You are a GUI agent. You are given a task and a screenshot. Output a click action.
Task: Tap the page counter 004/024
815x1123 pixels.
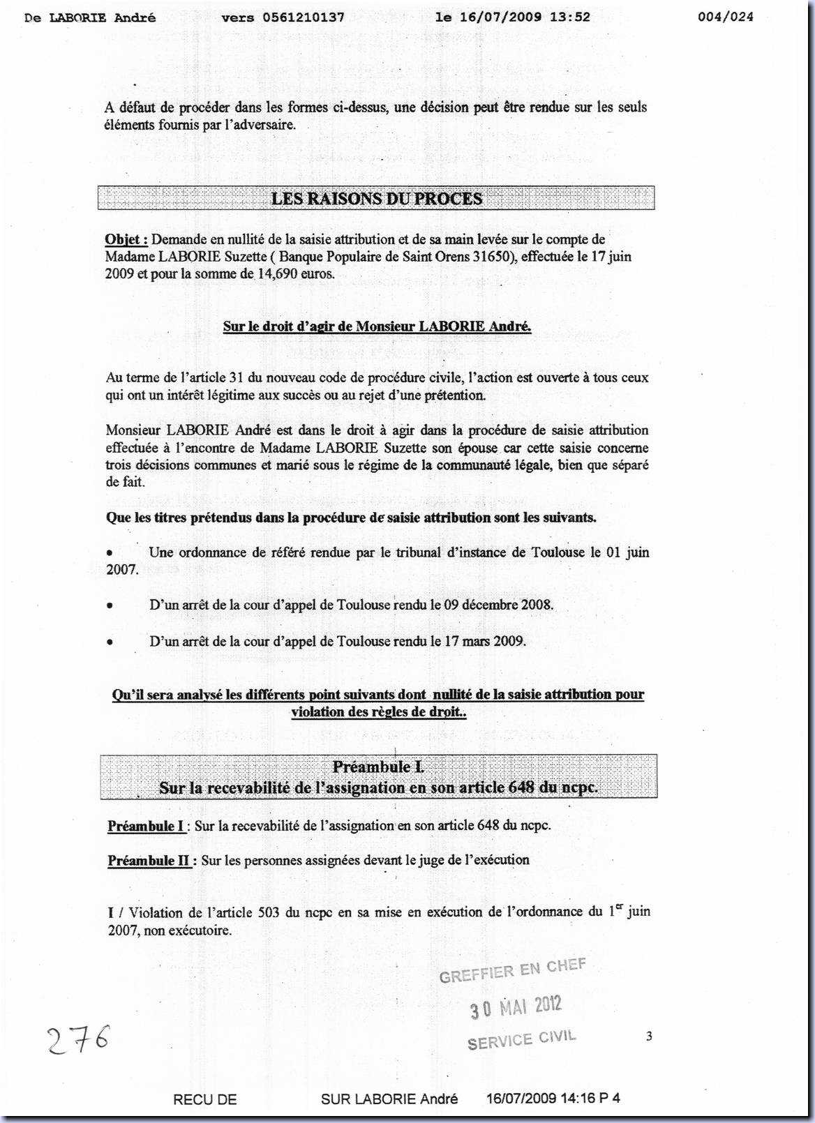coord(726,17)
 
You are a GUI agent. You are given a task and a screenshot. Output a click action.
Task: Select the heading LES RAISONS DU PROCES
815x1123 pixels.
coord(377,199)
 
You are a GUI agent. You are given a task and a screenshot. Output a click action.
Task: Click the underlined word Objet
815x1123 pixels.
coord(125,239)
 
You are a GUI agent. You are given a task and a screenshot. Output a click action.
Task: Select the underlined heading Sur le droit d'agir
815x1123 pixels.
coord(377,326)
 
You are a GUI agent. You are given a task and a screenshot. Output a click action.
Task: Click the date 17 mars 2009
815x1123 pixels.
coord(485,640)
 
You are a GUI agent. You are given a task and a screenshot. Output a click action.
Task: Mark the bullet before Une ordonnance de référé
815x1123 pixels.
coord(110,552)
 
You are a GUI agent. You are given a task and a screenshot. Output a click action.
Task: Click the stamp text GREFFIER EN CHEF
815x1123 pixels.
coord(512,970)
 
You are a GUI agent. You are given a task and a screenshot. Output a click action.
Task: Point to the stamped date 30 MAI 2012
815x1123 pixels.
coord(515,1007)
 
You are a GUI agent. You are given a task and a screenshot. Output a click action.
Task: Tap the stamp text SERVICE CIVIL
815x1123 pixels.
coord(521,1040)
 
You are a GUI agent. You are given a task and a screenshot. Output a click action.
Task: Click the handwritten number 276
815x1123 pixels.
coord(79,1041)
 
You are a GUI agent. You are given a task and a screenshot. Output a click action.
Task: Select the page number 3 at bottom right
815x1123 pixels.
coord(649,1037)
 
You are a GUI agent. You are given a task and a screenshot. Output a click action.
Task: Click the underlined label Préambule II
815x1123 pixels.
coord(150,860)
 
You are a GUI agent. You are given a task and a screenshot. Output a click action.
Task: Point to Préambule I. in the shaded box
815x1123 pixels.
coord(377,767)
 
